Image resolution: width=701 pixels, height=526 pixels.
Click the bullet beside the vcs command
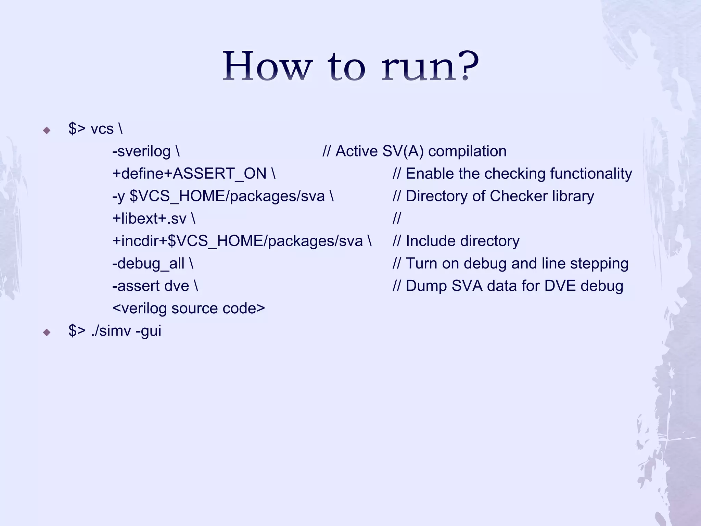[47, 130]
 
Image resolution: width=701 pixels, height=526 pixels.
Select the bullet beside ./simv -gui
[47, 332]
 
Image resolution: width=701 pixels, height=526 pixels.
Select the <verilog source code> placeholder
[189, 308]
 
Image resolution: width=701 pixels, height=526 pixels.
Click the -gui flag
[148, 331]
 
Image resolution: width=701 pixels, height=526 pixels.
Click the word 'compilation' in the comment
[467, 151]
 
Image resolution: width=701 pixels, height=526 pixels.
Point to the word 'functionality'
[591, 174]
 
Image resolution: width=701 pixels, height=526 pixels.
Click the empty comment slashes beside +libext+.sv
[396, 218]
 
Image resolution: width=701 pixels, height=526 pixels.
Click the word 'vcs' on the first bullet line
[102, 129]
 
